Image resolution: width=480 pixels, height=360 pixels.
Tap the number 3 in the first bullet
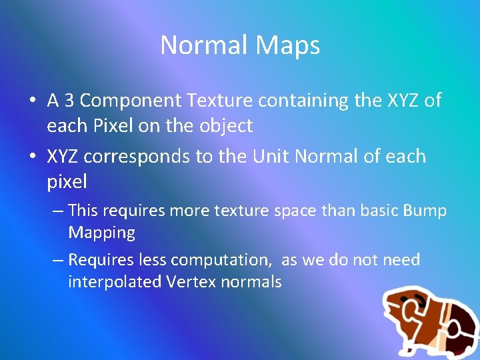click(x=69, y=101)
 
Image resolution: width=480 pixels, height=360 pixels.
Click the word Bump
click(x=425, y=211)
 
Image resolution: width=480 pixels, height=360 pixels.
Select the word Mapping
click(x=101, y=233)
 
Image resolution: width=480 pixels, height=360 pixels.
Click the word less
click(x=153, y=259)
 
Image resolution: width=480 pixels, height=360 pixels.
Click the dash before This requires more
click(x=57, y=211)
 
